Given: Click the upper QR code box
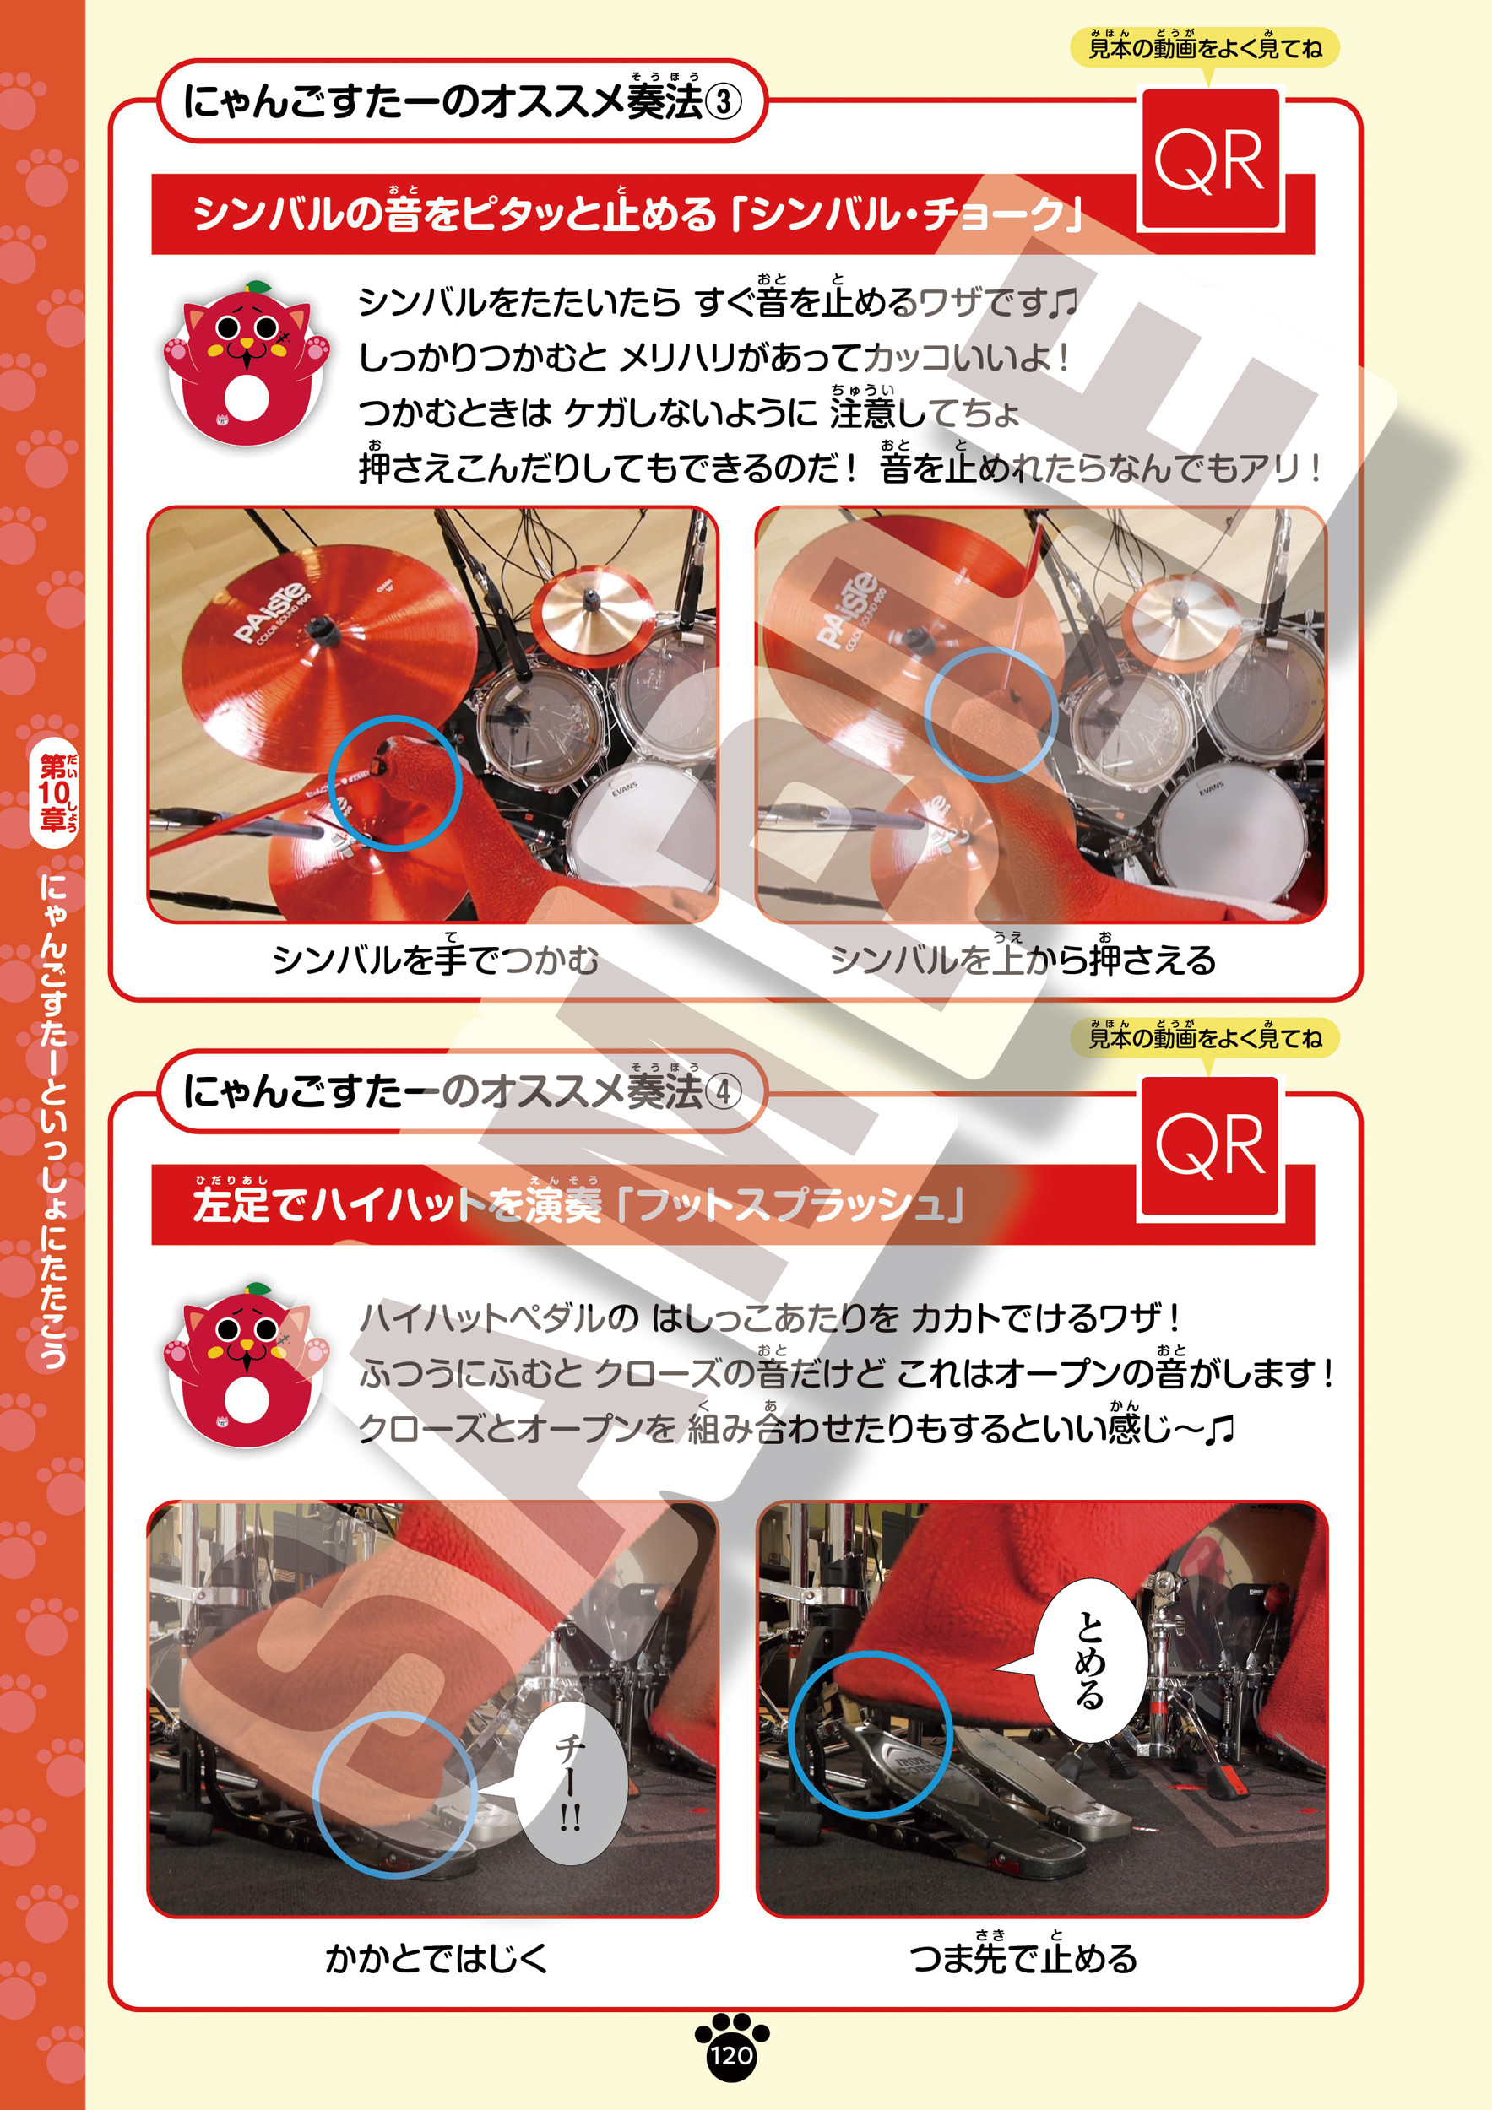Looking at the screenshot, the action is (1210, 159).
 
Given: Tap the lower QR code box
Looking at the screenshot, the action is (1210, 1148).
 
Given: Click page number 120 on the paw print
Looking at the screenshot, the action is (731, 2055).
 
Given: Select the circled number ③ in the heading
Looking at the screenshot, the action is (724, 102).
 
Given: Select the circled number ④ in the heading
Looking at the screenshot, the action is (724, 1093).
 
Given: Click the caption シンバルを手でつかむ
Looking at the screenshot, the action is (436, 959).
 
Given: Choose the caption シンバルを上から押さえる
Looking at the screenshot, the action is (1023, 959).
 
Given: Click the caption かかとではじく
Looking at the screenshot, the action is (436, 1959).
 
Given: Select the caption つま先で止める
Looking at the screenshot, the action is (1023, 1956).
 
